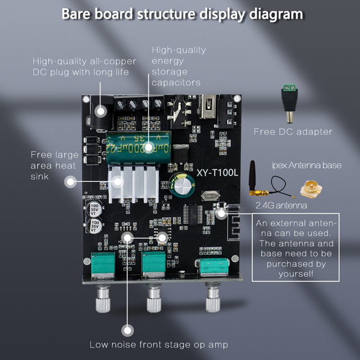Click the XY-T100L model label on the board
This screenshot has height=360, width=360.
217,173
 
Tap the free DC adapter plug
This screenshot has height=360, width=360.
289,104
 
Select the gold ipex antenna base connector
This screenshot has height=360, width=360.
311,189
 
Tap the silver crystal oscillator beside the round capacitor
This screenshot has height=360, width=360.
210,196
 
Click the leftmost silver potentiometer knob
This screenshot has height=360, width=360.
103,299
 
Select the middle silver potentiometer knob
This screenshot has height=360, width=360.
154,299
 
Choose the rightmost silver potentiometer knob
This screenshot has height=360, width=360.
213,299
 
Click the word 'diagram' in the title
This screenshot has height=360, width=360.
276,14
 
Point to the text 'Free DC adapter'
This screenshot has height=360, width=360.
293,132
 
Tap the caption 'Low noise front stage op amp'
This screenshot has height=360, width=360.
159,345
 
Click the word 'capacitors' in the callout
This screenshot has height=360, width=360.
176,82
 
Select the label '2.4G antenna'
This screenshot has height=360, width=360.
281,205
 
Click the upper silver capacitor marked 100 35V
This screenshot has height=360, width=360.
94,209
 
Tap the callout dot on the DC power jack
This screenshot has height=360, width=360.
100,111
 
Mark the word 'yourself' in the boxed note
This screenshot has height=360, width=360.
296,274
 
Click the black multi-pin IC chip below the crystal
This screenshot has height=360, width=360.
193,214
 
